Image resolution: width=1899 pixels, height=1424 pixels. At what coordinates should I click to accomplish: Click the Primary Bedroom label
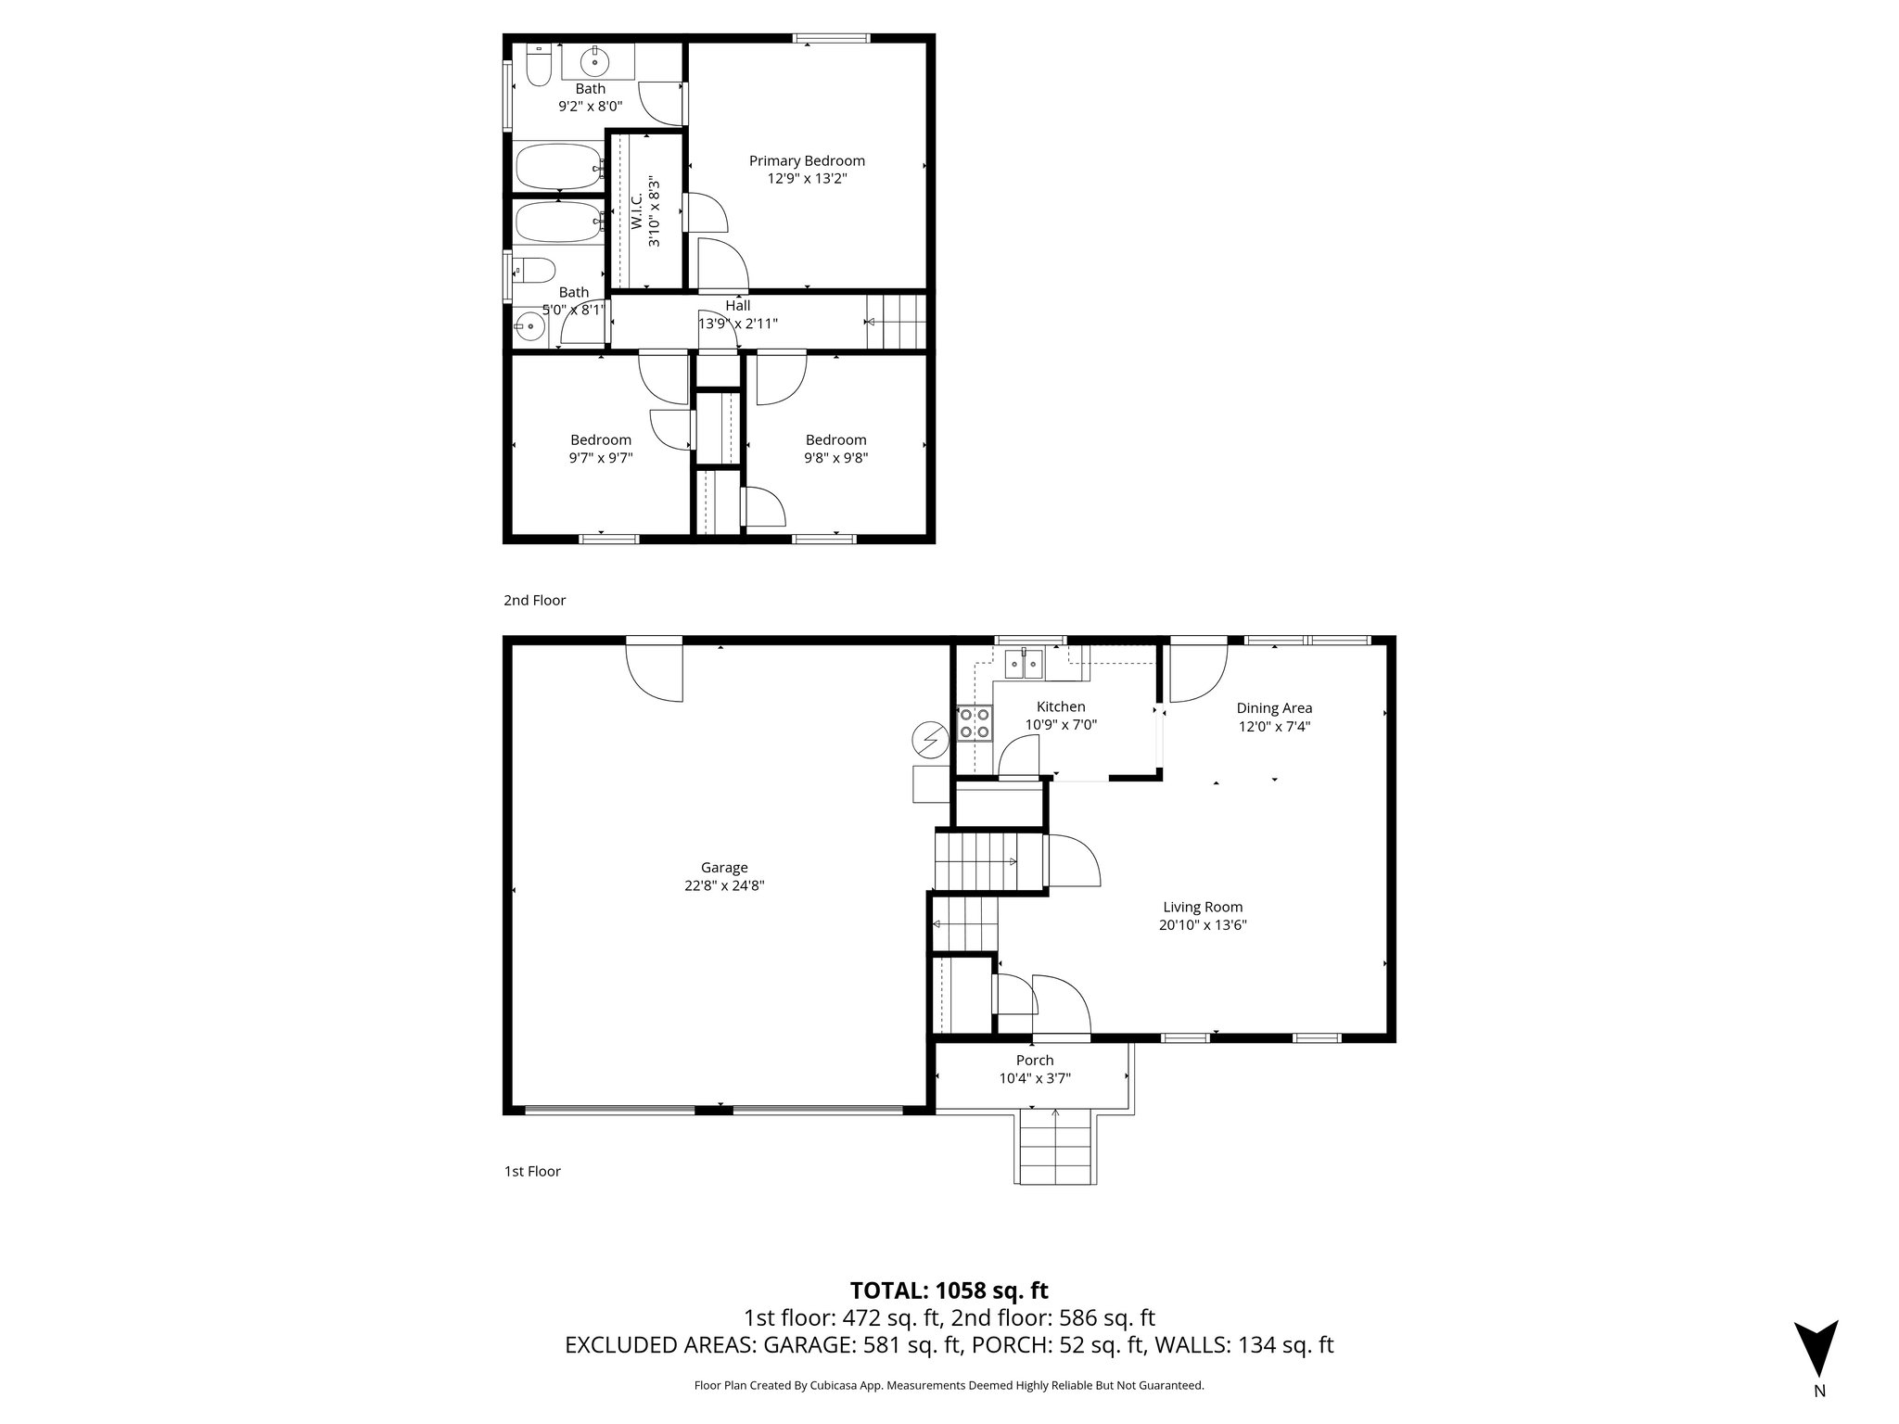click(807, 160)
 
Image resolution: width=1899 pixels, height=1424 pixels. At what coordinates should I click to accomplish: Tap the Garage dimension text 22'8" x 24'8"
click(723, 885)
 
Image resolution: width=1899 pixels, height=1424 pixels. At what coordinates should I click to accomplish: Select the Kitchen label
click(1061, 706)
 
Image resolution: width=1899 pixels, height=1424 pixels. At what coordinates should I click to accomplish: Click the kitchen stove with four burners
click(974, 723)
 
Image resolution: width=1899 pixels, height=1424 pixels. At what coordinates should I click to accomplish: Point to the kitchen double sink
click(1024, 664)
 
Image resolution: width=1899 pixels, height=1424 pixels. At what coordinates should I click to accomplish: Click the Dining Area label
click(1274, 708)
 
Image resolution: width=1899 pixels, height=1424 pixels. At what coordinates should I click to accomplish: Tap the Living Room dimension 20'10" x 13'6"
click(1203, 924)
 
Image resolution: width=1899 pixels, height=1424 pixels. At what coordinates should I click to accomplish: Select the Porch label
click(1035, 1061)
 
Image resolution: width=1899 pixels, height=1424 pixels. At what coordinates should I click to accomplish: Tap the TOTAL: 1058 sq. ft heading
click(949, 1290)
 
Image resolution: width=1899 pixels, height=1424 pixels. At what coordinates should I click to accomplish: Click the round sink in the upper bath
click(593, 63)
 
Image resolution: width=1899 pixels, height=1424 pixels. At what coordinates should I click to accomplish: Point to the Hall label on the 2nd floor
click(738, 305)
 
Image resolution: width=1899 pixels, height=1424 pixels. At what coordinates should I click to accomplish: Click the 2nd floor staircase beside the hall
click(896, 322)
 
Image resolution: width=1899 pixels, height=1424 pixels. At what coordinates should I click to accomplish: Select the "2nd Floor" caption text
click(534, 600)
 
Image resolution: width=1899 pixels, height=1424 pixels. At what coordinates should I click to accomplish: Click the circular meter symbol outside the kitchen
click(928, 739)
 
